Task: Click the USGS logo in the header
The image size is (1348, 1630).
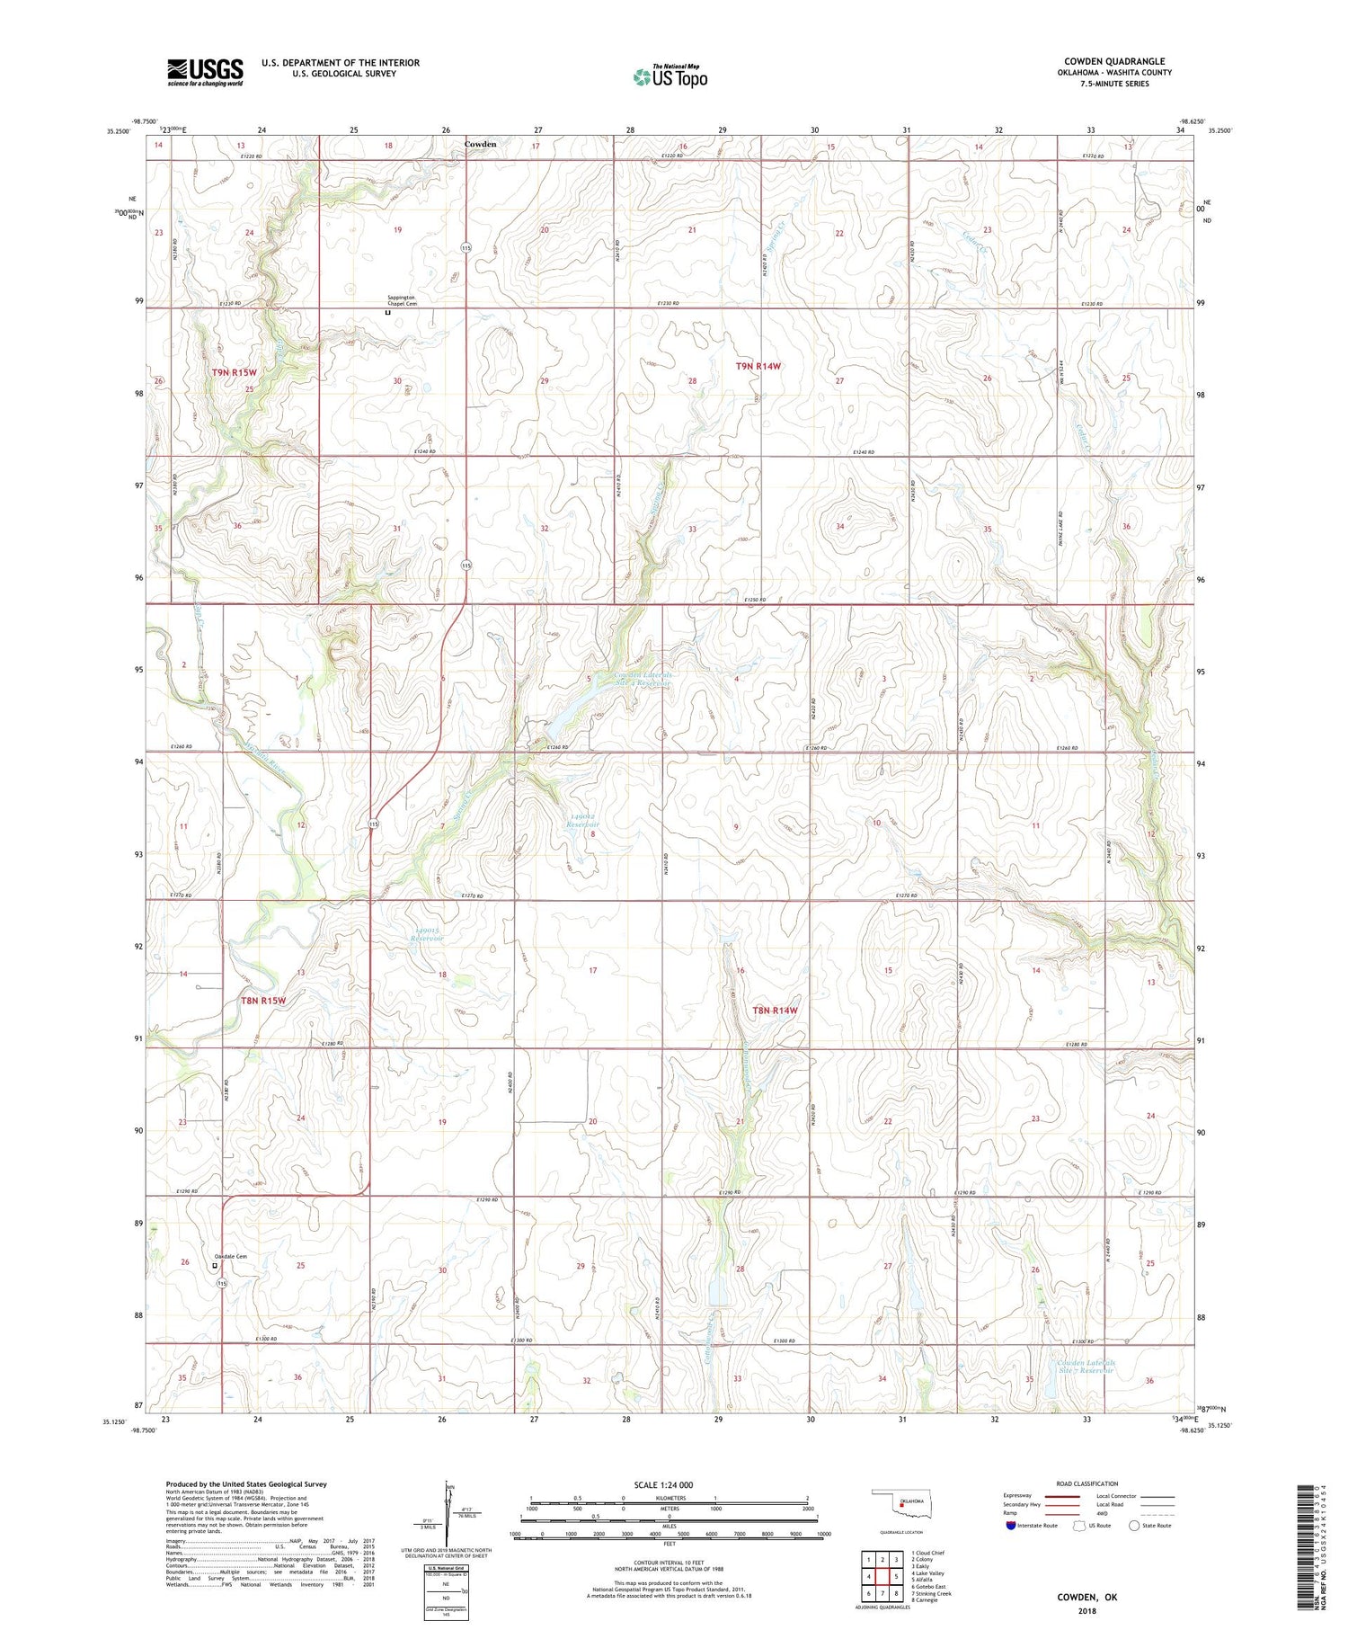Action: [x=205, y=72]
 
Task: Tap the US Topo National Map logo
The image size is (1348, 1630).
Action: [x=670, y=76]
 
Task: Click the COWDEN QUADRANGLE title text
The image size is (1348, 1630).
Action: [x=1114, y=61]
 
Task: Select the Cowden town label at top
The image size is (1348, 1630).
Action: [x=480, y=144]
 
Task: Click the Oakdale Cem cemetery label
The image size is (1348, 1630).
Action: [x=229, y=1256]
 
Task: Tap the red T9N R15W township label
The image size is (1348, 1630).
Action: [x=235, y=372]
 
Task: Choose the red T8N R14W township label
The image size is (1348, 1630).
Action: [x=775, y=1011]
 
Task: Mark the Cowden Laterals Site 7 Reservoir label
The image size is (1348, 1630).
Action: [x=1086, y=1367]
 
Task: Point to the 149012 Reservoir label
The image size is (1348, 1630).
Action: [x=583, y=820]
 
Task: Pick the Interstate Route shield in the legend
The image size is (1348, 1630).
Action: [x=1011, y=1526]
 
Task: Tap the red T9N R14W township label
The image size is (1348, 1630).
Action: [x=758, y=366]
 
